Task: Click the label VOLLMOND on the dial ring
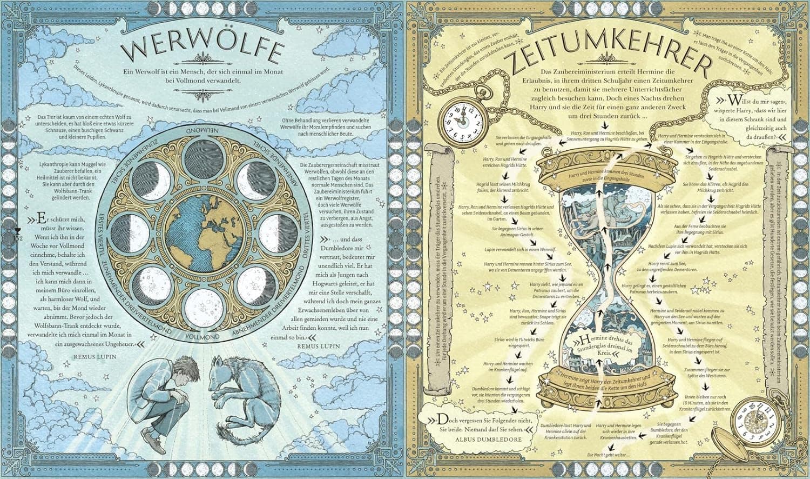(202, 336)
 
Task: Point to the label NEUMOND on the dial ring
(202, 131)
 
